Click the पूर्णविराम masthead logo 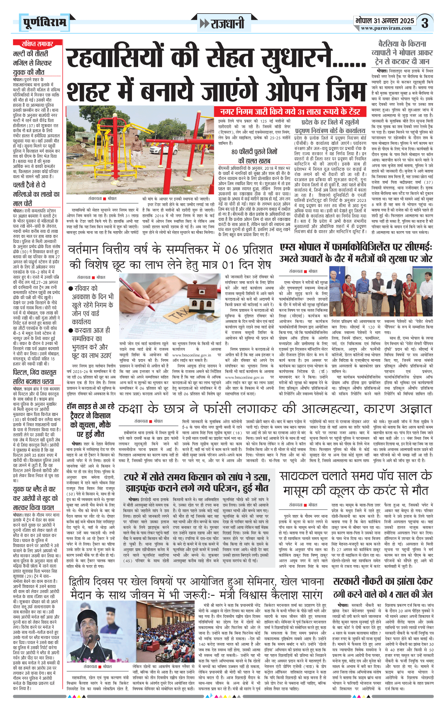pos(44,23)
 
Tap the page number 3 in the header pos(425,23)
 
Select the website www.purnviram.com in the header pos(386,28)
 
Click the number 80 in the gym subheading pos(235,152)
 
